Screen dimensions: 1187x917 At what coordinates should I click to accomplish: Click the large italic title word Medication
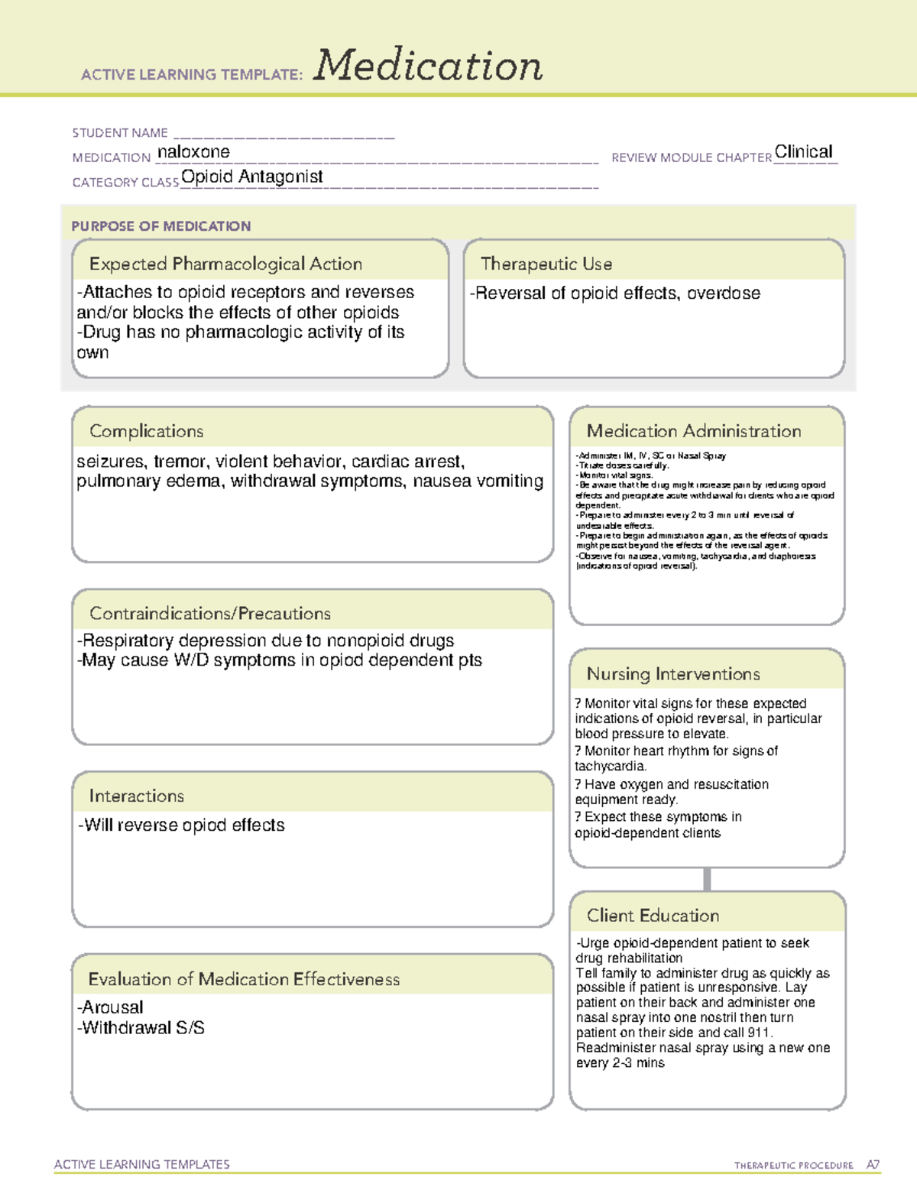428,66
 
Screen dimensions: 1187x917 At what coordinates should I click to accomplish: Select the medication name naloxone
193,152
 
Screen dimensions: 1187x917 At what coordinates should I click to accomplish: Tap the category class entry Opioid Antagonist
252,177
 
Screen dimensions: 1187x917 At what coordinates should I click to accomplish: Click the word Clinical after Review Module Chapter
803,151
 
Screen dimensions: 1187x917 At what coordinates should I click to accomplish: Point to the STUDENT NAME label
120,133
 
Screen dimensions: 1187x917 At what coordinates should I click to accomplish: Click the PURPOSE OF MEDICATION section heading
161,226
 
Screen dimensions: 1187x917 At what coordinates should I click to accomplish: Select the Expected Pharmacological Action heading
225,264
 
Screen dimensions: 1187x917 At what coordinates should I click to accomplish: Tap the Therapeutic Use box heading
546,264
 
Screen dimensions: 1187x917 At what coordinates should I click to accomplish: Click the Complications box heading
147,431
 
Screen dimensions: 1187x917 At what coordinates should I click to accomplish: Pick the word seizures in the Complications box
111,462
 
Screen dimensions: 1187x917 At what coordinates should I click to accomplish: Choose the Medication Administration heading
694,431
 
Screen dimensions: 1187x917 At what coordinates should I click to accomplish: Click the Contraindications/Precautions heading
210,613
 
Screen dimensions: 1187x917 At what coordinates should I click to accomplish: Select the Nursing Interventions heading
673,674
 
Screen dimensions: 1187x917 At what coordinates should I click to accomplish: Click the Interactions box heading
137,796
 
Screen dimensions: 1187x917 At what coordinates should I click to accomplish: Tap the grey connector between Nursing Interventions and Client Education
707,879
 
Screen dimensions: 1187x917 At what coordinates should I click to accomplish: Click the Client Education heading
653,916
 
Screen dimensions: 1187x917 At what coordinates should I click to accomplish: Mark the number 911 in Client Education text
760,1033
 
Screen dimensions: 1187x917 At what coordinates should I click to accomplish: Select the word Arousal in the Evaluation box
112,1007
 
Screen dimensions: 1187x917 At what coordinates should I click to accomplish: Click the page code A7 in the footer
873,1165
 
